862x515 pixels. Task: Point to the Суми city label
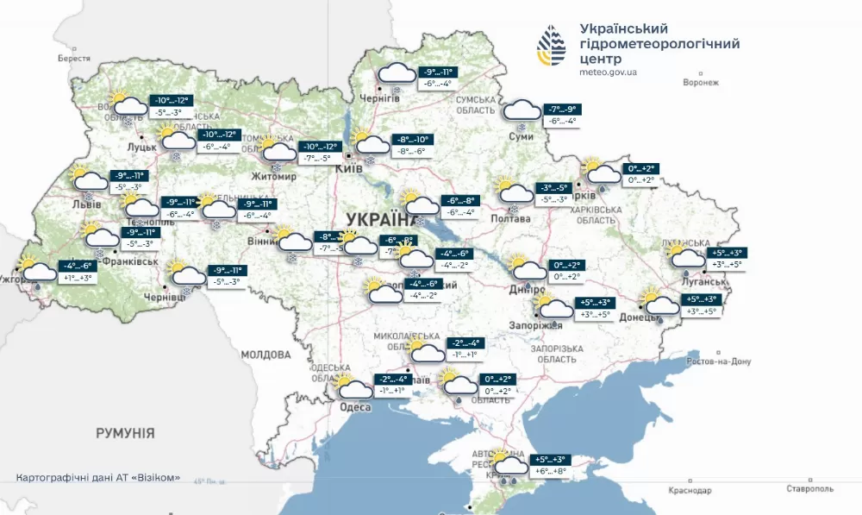click(521, 137)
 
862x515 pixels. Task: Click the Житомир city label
click(274, 176)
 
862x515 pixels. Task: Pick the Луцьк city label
click(141, 148)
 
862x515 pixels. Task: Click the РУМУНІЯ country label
click(125, 432)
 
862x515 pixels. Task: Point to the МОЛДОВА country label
click(265, 355)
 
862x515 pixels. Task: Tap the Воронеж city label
click(700, 83)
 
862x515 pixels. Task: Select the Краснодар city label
click(690, 490)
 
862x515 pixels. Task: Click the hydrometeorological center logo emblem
click(552, 46)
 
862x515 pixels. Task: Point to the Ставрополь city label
click(808, 489)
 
